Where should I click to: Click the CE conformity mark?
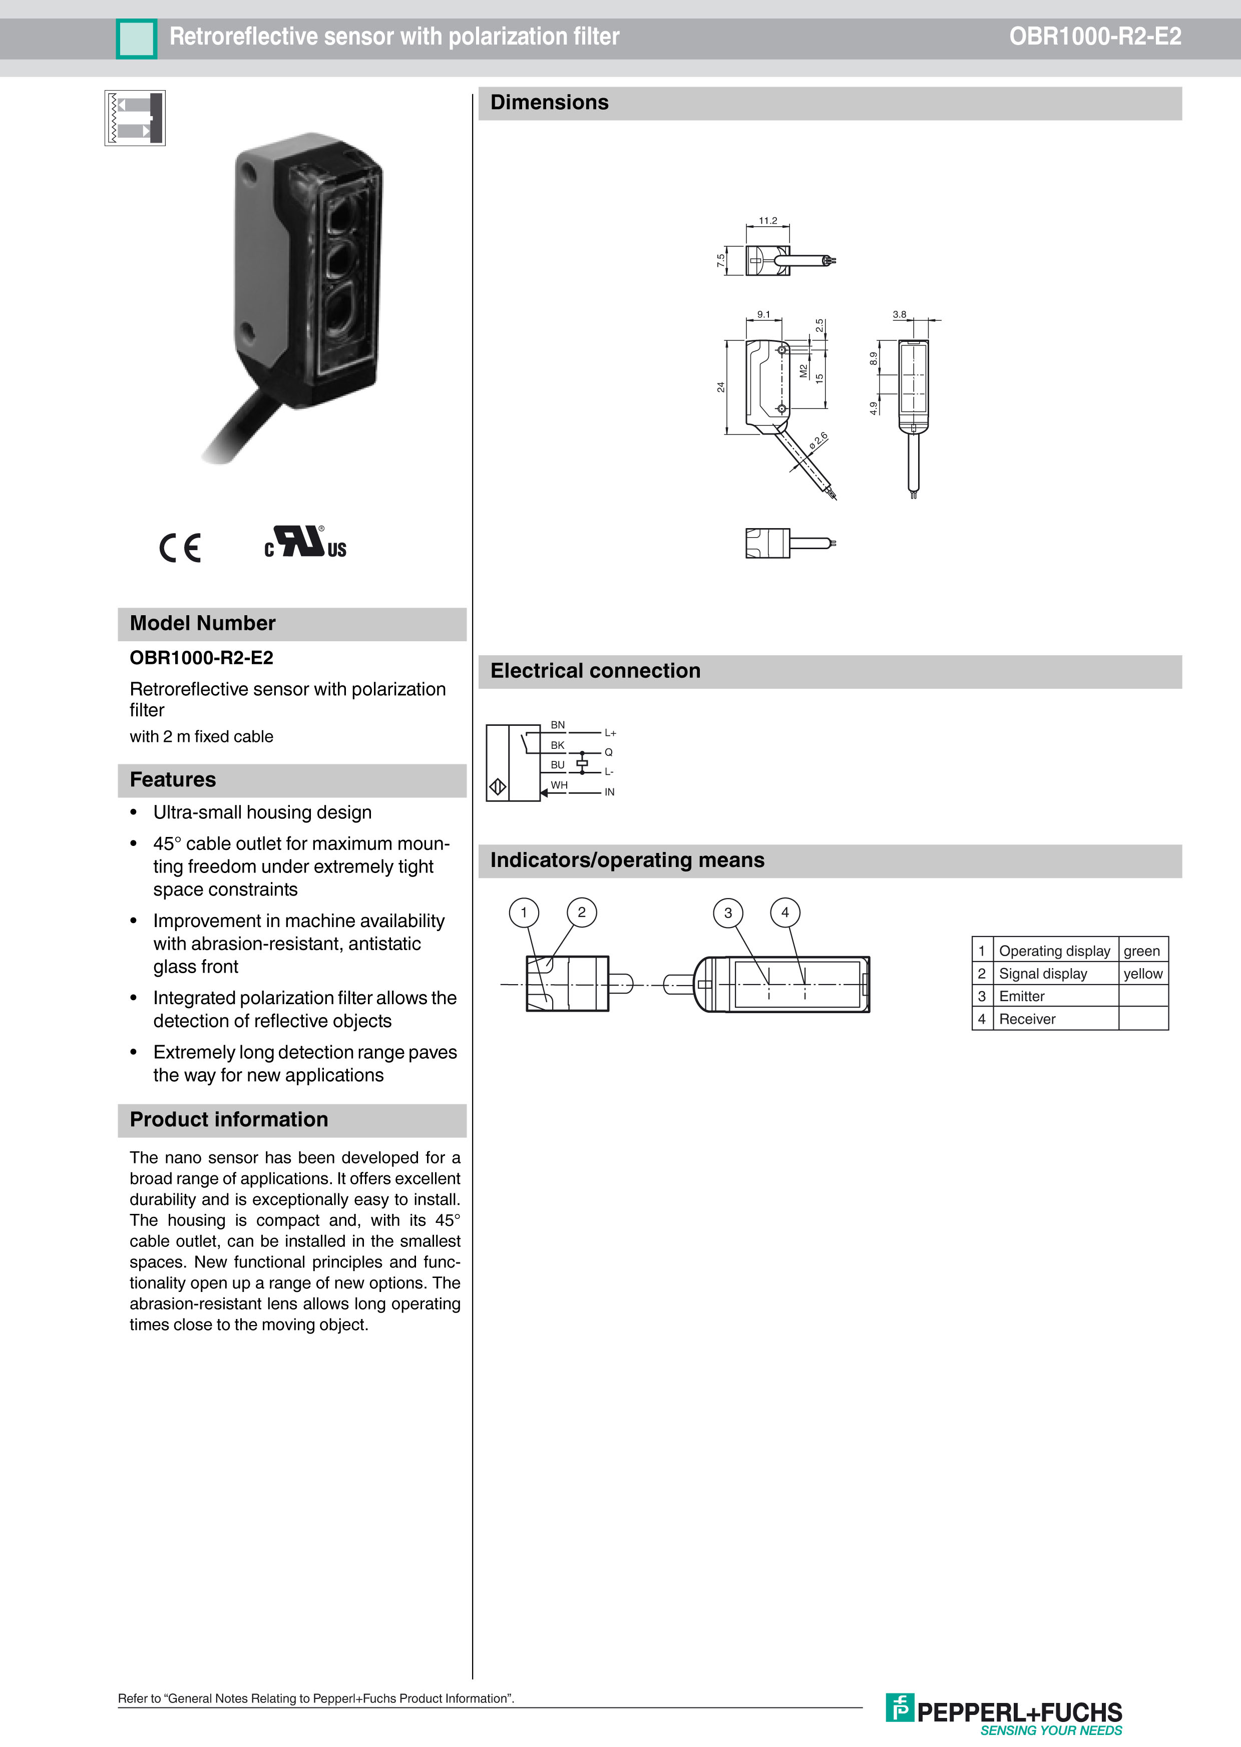click(x=180, y=547)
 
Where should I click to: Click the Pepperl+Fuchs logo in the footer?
click(x=1004, y=1712)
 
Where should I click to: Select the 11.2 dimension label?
click(x=767, y=221)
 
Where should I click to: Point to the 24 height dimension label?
click(x=720, y=387)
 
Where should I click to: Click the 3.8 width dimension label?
click(x=900, y=314)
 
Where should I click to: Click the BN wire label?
click(x=558, y=725)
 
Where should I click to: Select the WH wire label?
click(x=559, y=784)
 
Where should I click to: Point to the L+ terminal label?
click(x=610, y=733)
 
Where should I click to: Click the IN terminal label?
click(x=609, y=792)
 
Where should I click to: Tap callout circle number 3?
click(x=727, y=912)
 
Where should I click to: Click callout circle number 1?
click(x=524, y=912)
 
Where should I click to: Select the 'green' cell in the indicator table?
click(x=1142, y=951)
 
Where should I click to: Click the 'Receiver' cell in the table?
click(x=1027, y=1019)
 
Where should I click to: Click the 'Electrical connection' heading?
click(x=595, y=671)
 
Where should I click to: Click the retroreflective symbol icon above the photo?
click(x=135, y=119)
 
